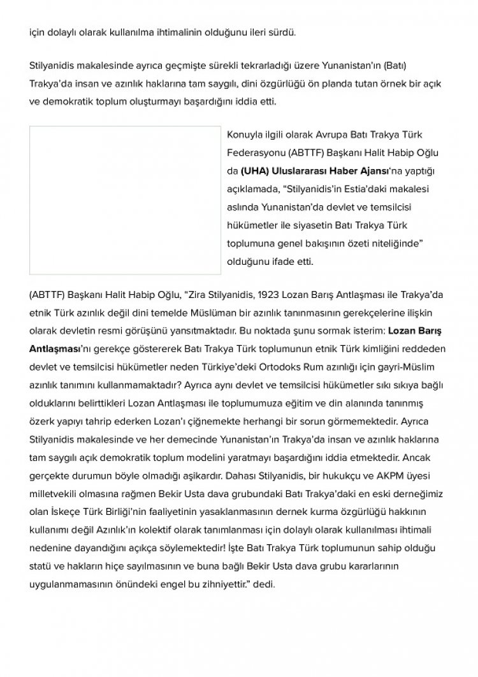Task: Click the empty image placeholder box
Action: tap(125, 200)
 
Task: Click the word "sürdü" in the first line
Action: tap(282, 31)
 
